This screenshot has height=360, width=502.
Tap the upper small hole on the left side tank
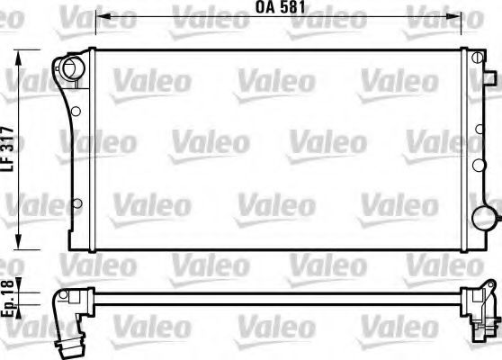coord(76,112)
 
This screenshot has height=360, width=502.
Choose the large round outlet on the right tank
coord(486,218)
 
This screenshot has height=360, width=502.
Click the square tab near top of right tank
coord(472,58)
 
